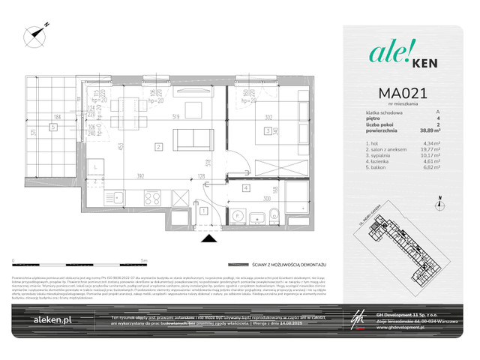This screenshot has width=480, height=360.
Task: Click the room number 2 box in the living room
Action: tap(159, 146)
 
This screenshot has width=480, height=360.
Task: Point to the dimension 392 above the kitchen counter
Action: tap(139, 177)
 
